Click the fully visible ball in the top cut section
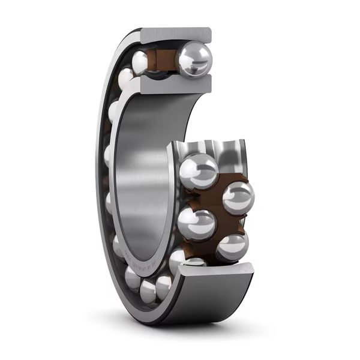pos(194,59)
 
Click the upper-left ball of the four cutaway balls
pos(199,171)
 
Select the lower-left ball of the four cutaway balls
pos(196,224)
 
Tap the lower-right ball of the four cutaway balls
pos(232,247)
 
